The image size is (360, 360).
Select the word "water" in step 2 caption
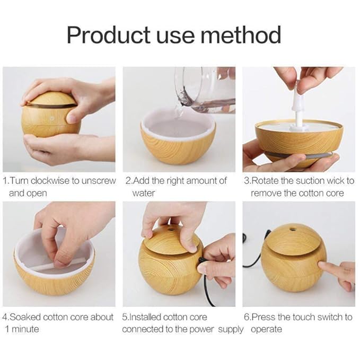144,193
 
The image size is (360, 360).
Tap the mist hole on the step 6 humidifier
293,230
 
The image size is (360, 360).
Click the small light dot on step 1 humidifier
51,118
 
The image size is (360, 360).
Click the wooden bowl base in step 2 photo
178,149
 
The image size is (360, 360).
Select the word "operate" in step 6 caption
267,329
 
